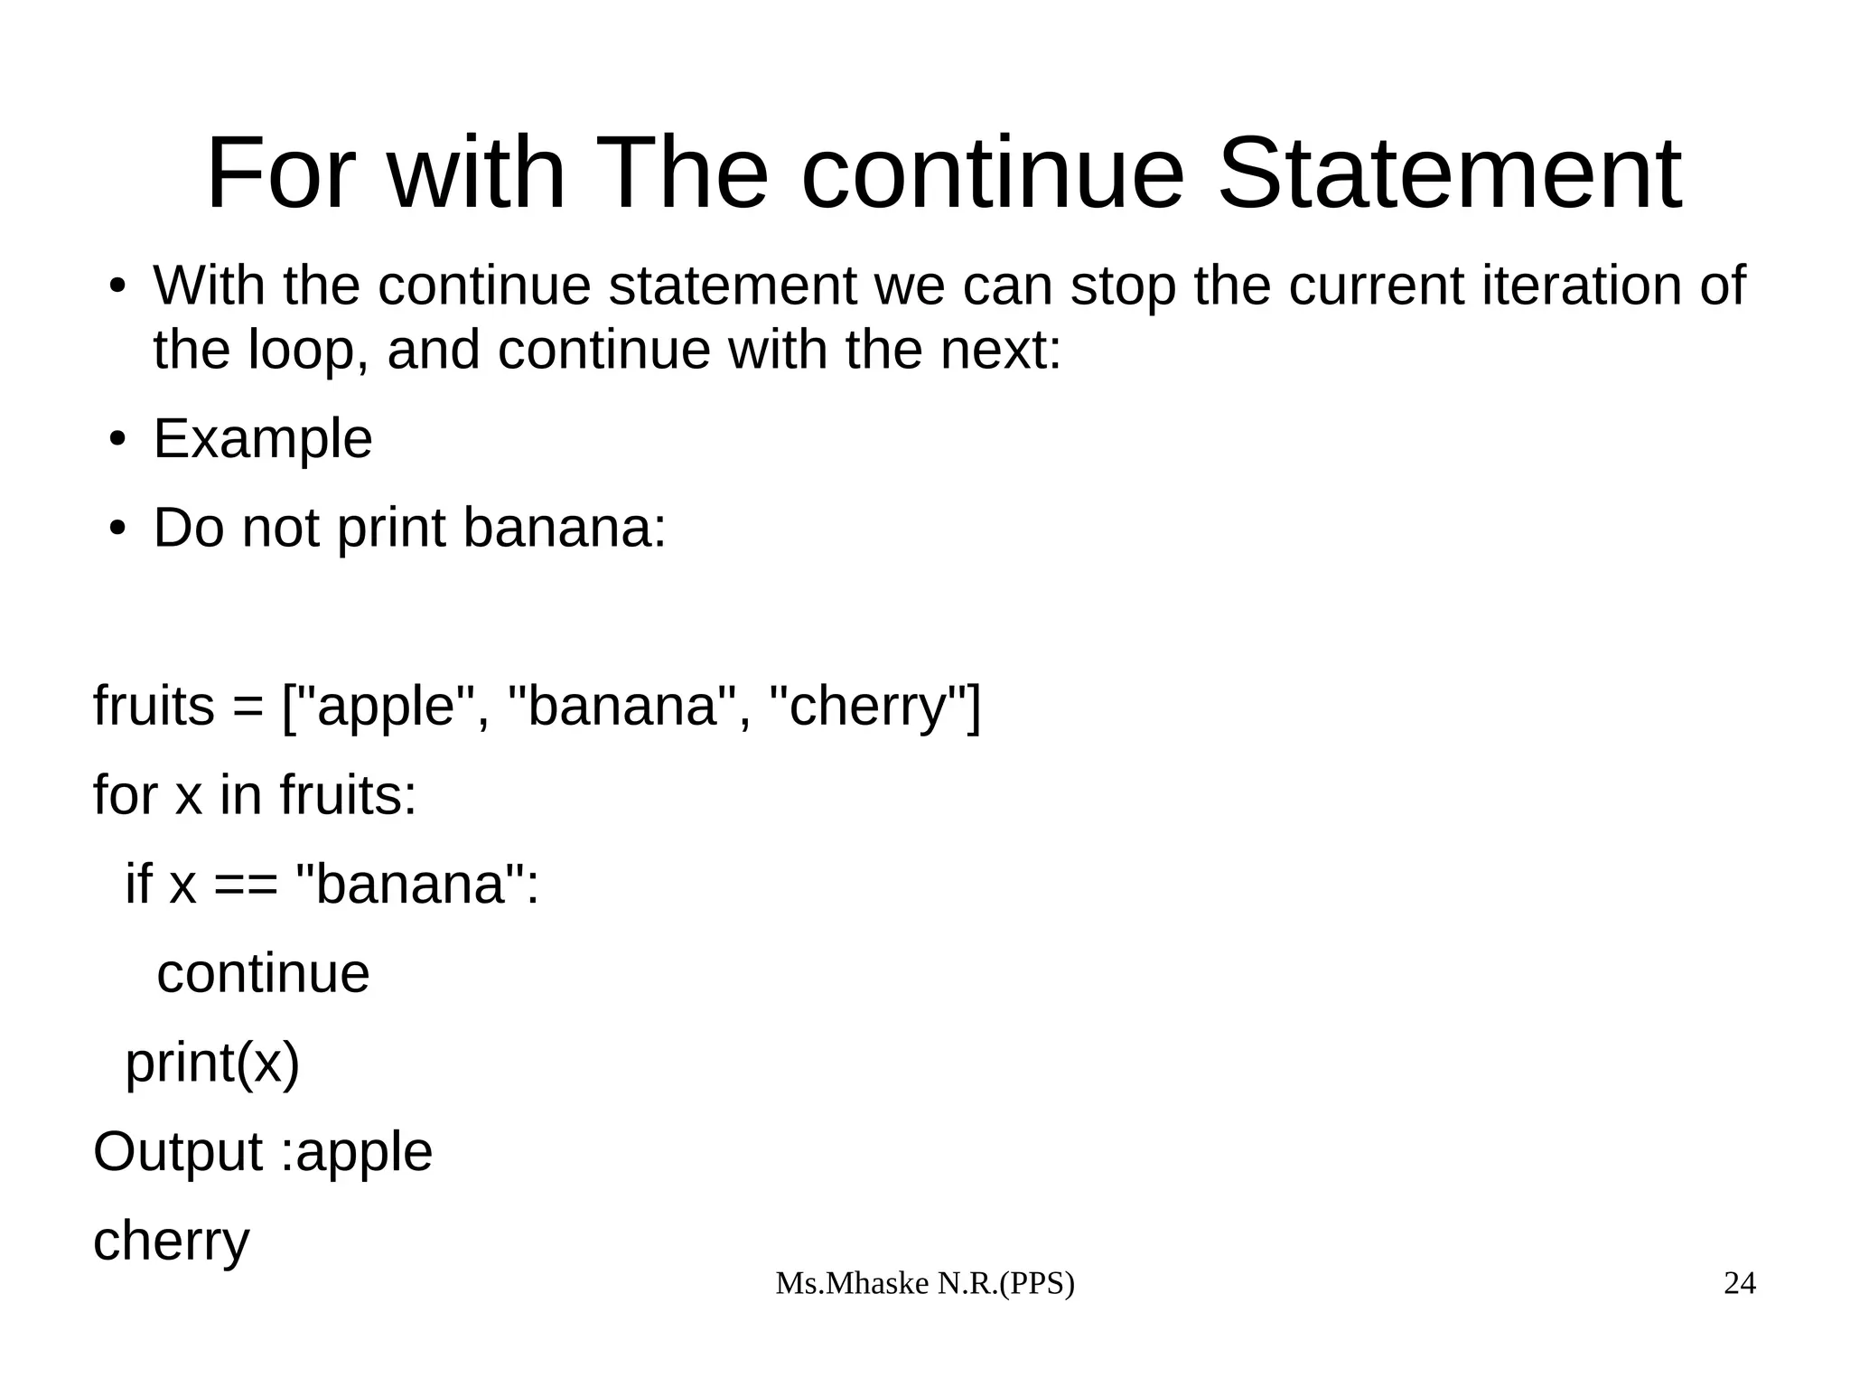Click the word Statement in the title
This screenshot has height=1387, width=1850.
coord(1449,173)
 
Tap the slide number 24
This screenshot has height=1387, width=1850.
coord(1739,1283)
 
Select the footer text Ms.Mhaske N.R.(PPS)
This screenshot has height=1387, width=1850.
coord(925,1283)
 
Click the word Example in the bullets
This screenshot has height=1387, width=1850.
coord(262,440)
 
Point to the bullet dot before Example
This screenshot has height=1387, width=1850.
coord(116,440)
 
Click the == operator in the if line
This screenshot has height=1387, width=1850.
coord(245,885)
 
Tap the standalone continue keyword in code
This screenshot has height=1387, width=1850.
coord(263,973)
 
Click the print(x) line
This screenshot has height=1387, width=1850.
coord(211,1063)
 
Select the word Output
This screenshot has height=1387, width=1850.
coord(177,1152)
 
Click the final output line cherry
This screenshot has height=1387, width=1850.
coord(171,1242)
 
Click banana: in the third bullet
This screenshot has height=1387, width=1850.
coord(564,529)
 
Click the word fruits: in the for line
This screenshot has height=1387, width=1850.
coord(348,795)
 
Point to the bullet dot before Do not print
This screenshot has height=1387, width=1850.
coord(116,529)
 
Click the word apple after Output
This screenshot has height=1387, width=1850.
coord(364,1153)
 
